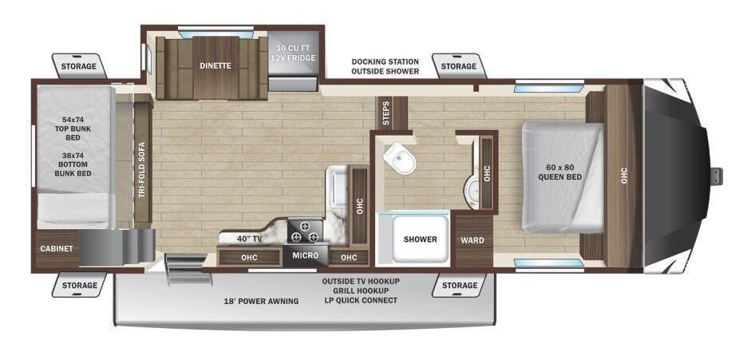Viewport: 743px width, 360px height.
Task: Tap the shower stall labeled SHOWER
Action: [420, 239]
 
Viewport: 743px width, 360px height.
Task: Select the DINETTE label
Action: [215, 65]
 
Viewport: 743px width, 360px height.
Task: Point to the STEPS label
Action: [387, 113]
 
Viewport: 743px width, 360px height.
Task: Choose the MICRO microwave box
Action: [305, 255]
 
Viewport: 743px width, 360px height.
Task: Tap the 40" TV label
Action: [250, 239]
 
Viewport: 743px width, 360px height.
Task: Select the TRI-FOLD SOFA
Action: [142, 168]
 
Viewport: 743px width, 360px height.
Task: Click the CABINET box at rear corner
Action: [57, 248]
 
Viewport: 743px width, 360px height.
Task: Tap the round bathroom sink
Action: [472, 188]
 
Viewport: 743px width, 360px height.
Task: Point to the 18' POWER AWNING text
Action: [261, 301]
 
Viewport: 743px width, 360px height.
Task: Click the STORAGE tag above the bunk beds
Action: [80, 65]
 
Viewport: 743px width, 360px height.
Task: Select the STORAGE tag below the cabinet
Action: [80, 285]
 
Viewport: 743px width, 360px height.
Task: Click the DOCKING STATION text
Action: [385, 61]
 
